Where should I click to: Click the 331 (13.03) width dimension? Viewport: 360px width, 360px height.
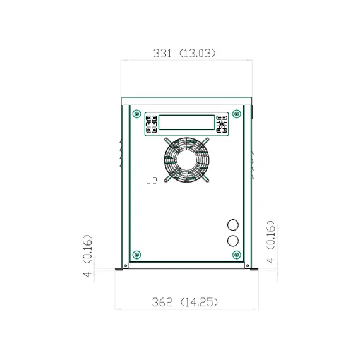click(185, 53)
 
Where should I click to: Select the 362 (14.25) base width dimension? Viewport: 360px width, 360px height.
click(185, 302)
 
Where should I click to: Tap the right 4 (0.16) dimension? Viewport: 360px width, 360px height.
click(270, 242)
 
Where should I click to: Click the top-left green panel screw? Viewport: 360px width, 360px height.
click(137, 114)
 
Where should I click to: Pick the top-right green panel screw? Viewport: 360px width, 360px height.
click(237, 114)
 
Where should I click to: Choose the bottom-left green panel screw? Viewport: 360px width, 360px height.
click(137, 255)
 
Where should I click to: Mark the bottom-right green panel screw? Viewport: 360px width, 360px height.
click(237, 255)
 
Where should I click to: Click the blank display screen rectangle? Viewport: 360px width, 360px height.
click(187, 123)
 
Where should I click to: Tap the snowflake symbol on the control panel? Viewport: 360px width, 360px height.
click(221, 124)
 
